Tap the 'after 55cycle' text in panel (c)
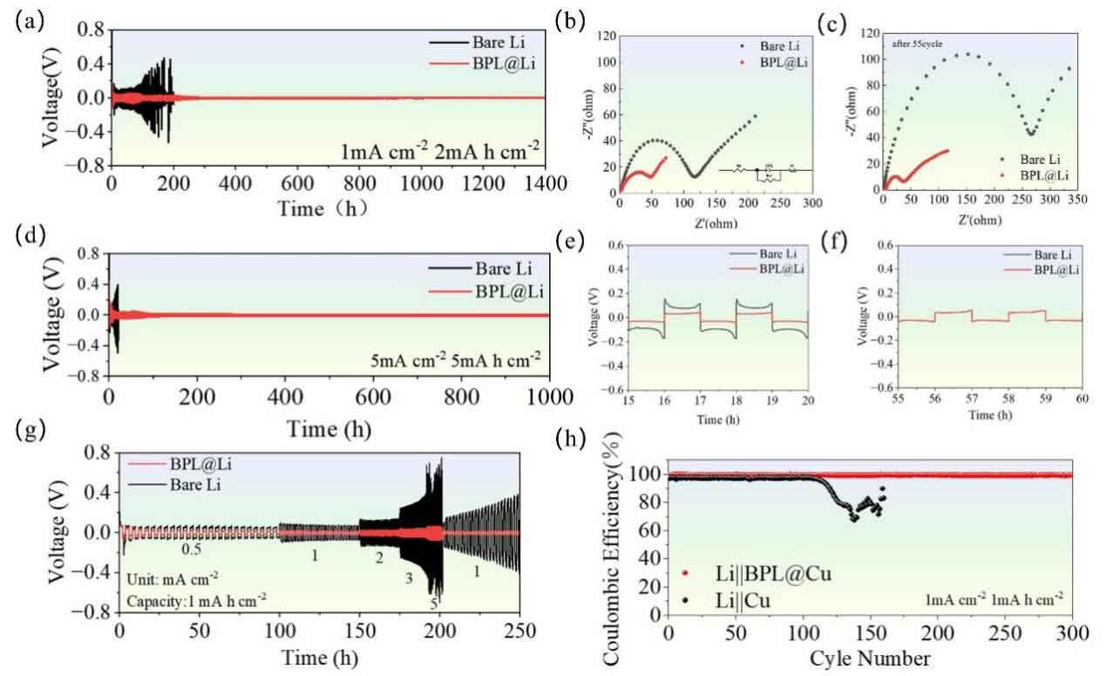[x=916, y=42]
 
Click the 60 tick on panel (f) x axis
[x=1082, y=399]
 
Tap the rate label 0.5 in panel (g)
[x=192, y=550]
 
